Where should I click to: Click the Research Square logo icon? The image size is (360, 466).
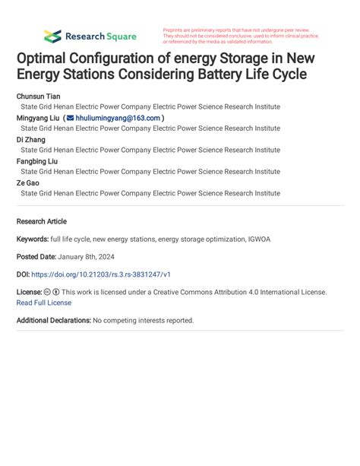(x=52, y=36)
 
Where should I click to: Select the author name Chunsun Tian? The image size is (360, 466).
(x=38, y=97)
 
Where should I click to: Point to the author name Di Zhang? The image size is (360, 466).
(x=30, y=140)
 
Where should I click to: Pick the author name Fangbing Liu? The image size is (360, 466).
(x=38, y=161)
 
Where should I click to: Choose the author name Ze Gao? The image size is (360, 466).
(x=28, y=183)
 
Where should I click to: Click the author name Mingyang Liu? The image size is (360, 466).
(x=39, y=119)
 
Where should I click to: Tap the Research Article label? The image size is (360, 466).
(x=41, y=221)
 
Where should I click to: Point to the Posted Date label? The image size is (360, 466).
(x=39, y=257)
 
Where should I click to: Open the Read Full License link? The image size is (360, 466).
(x=44, y=303)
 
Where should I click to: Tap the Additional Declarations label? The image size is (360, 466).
(x=53, y=320)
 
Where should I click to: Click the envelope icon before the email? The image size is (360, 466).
(x=71, y=119)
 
